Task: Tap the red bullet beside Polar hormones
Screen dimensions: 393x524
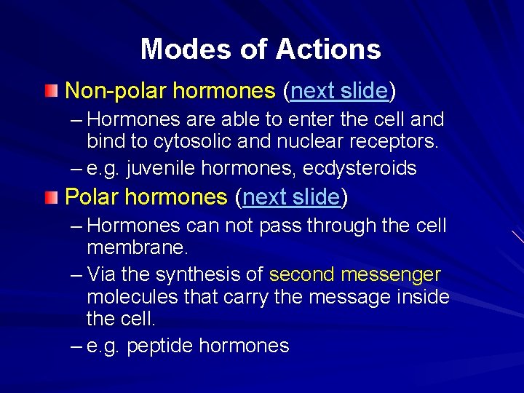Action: [x=49, y=197]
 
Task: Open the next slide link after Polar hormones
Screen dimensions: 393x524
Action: [x=291, y=196]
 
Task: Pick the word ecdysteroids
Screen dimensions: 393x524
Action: [x=360, y=169]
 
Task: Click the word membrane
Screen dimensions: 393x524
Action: [x=137, y=247]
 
